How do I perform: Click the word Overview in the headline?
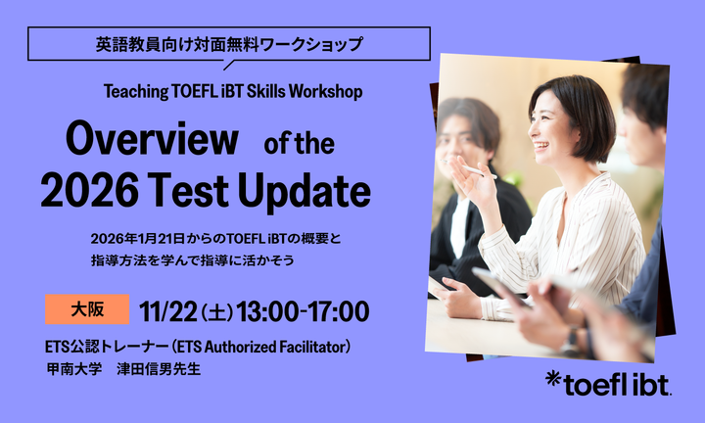click(x=152, y=140)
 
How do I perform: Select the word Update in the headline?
click(x=312, y=191)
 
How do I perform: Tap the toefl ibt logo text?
click(x=618, y=383)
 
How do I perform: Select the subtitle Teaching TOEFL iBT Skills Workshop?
click(x=233, y=91)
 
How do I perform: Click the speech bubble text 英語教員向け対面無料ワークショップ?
click(x=229, y=44)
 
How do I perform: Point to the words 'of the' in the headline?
click(x=300, y=144)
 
